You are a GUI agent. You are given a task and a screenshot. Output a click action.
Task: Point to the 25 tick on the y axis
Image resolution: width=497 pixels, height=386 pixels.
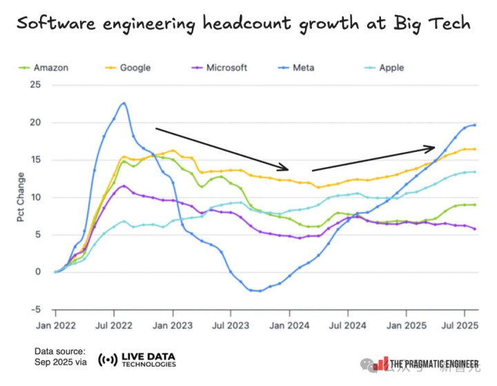coord(36,85)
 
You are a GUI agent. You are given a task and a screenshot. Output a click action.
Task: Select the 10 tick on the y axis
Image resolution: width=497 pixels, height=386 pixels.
coord(36,197)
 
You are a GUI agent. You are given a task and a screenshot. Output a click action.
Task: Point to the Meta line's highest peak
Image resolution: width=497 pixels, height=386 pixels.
coord(124,103)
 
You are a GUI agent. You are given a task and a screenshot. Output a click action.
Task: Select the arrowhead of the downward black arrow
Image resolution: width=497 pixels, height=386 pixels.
coord(285,168)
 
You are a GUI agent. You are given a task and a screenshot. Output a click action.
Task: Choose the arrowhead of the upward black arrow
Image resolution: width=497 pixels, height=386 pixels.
coord(432,147)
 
